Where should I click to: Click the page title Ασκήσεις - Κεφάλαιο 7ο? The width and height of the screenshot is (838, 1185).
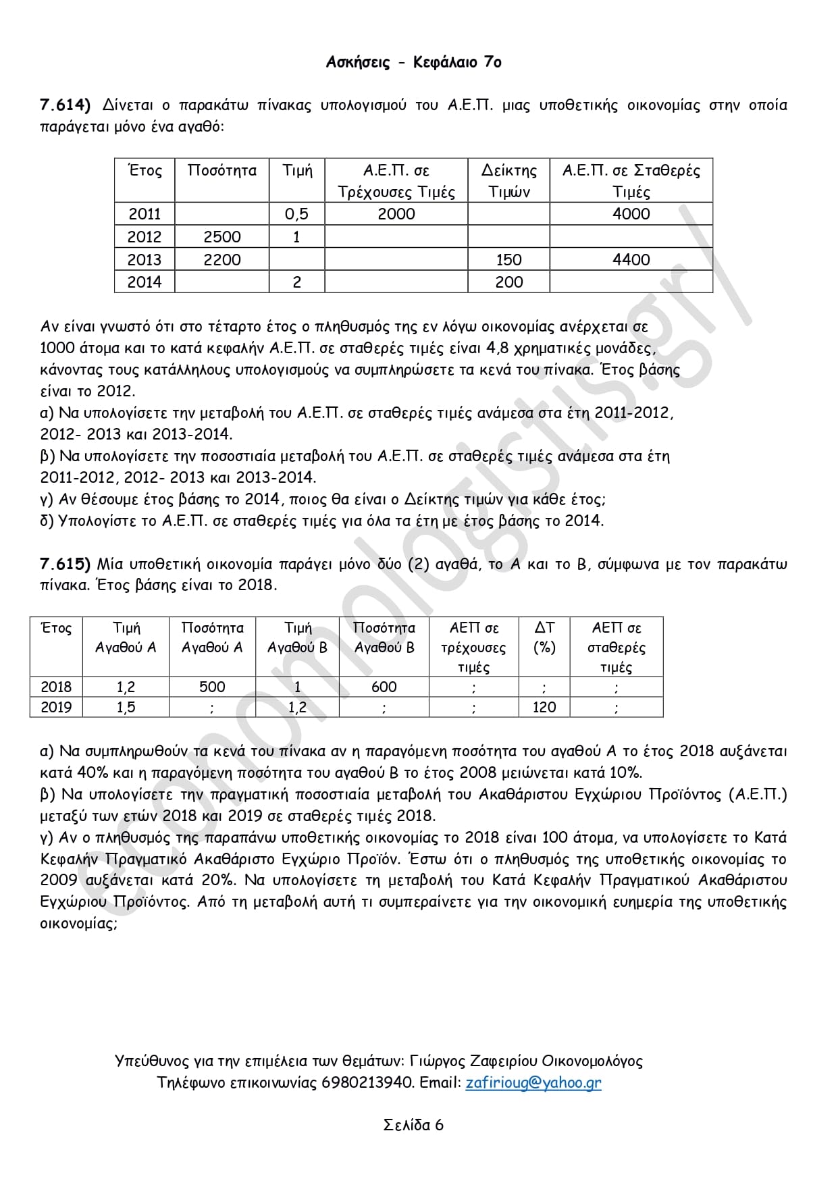point(413,62)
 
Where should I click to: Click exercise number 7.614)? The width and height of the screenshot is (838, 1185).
point(66,105)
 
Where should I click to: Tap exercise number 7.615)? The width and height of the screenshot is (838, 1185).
point(66,564)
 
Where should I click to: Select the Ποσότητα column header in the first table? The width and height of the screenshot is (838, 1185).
point(221,171)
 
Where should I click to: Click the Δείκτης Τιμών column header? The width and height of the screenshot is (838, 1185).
point(508,181)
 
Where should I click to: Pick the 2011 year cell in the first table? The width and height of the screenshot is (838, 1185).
point(145,214)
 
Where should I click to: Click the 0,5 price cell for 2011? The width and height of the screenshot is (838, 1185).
point(296,214)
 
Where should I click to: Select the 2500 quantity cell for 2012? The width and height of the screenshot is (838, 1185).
point(221,237)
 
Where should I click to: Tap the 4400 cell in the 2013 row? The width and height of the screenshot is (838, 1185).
point(631,259)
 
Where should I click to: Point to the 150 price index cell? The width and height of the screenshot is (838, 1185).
point(508,259)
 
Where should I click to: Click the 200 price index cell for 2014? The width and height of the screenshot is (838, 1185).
point(508,282)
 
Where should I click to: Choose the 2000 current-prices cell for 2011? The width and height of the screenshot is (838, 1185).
point(396,214)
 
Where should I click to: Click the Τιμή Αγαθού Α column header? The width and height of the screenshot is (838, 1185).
point(126,637)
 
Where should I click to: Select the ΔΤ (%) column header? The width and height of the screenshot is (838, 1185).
point(544,637)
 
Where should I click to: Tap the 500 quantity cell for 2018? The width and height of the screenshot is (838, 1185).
point(212,687)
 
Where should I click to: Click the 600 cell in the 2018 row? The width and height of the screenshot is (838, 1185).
point(384,687)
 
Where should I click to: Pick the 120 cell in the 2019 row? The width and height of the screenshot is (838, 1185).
point(544,707)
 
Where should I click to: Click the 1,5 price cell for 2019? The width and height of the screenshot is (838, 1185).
point(126,707)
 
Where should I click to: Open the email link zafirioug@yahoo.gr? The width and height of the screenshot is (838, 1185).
point(533,1082)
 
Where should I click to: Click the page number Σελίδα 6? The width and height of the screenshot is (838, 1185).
point(413,1125)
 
